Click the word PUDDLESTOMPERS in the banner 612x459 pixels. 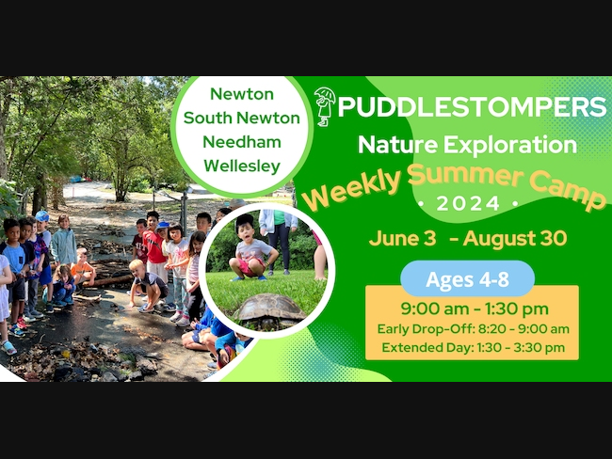pos(472,106)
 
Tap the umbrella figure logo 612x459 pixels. pos(325,106)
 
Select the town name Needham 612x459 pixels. pos(242,142)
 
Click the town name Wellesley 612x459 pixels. pos(242,166)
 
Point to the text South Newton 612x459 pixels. pos(242,118)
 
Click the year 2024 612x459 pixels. pos(468,203)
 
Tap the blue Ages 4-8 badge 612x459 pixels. pos(467,278)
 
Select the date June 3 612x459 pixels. pos(402,238)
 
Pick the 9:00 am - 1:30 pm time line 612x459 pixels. pos(475,309)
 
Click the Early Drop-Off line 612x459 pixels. pos(473,329)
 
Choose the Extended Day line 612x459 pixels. pos(473,347)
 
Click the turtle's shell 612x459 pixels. pos(270,306)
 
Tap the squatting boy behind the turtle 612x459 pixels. pos(251,249)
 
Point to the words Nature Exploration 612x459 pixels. pos(467,145)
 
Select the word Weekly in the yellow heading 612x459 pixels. pos(352,189)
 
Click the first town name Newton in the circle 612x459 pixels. pos(242,94)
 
